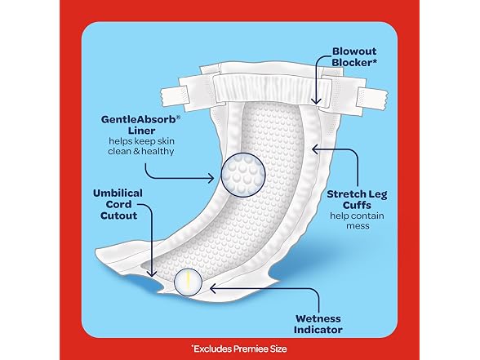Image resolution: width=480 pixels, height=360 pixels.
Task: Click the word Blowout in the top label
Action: coord(354,51)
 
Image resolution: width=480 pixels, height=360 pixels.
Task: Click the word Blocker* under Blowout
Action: coord(354,62)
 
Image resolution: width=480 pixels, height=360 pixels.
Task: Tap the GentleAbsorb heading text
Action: coord(140,119)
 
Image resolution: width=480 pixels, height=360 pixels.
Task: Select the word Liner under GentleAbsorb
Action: coord(141,131)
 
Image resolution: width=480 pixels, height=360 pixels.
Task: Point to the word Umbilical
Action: coord(118,193)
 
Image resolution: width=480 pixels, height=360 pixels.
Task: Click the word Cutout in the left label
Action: coord(118,216)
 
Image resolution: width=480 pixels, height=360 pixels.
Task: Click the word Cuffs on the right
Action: coord(357,205)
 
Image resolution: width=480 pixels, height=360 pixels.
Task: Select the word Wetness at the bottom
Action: coord(318,318)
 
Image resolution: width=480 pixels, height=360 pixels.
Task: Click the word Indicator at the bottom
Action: coord(318,330)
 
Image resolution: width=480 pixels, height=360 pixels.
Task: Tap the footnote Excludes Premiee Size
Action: coord(239,349)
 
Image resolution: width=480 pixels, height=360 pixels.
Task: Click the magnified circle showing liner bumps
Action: coord(243,175)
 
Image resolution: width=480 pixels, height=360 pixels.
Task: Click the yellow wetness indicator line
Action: coord(189,281)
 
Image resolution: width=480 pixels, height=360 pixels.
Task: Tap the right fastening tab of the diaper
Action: coord(372,96)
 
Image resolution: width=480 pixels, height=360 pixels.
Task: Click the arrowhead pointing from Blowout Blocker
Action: coord(316,101)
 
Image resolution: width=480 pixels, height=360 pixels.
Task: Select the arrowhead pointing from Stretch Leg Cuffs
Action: coord(315,149)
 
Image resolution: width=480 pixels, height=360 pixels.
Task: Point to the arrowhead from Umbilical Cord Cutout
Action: coord(152,273)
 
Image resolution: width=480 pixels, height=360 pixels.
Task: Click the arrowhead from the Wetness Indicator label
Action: coord(213,288)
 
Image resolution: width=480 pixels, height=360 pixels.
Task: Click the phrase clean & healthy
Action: coord(140,151)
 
